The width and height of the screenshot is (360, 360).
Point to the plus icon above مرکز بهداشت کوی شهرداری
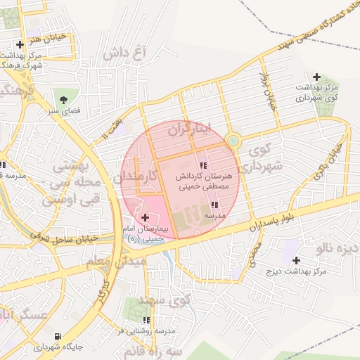click(316, 77)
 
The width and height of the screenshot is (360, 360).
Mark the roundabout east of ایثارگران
click(232, 141)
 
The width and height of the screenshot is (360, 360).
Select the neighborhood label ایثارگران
click(191, 129)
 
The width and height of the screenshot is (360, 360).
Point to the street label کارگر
click(103, 291)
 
